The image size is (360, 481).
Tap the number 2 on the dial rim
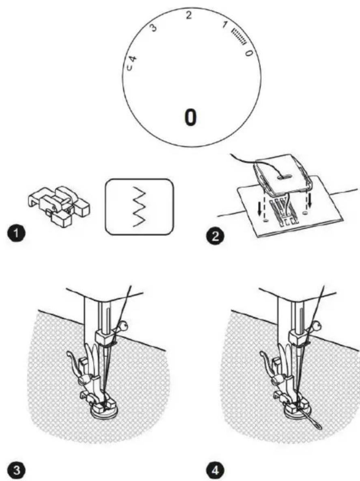[189, 15]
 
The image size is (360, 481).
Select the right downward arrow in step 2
[310, 200]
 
